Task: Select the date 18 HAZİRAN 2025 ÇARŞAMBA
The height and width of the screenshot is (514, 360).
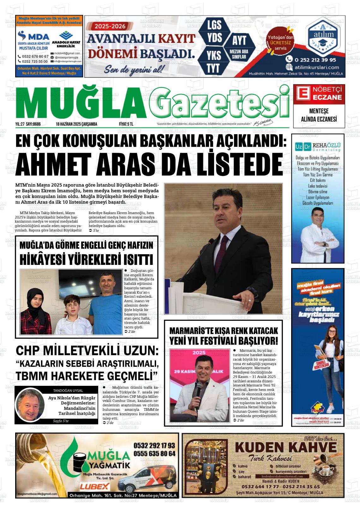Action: click(76, 124)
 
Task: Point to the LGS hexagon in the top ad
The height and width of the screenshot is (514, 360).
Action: click(214, 25)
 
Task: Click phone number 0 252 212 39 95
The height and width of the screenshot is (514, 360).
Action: click(315, 59)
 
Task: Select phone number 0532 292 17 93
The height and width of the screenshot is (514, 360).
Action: click(154, 446)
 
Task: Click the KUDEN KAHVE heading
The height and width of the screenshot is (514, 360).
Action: click(286, 447)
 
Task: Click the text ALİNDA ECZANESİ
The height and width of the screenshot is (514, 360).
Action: click(319, 119)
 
